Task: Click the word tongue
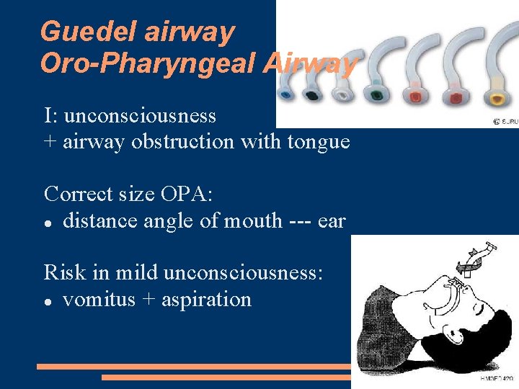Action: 319,141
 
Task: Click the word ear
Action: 332,220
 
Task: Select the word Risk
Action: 63,272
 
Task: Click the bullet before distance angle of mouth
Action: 48,222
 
